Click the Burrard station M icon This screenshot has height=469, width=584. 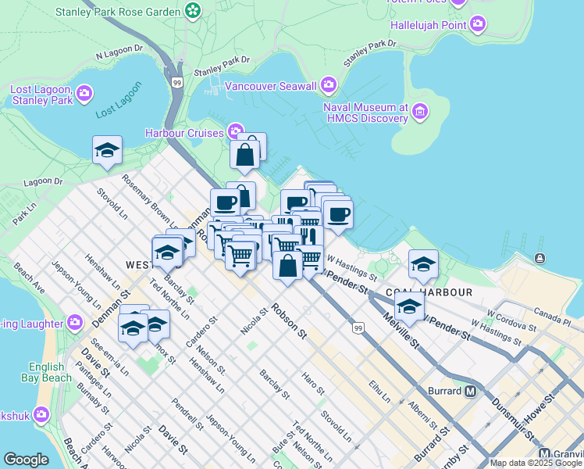(x=470, y=391)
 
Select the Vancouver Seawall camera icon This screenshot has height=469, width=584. (x=329, y=84)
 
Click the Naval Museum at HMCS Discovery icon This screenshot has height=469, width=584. (x=420, y=112)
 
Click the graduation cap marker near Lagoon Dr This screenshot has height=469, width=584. (x=107, y=149)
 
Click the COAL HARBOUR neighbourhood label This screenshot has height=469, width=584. (x=429, y=292)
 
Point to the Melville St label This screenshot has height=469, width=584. (x=401, y=331)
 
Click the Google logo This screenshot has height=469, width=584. (x=26, y=460)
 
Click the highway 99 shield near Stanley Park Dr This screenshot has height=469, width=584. (x=177, y=81)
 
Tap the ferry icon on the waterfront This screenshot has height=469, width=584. (x=539, y=258)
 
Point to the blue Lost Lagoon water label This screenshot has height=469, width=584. (x=119, y=101)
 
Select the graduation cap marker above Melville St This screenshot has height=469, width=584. (x=408, y=306)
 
